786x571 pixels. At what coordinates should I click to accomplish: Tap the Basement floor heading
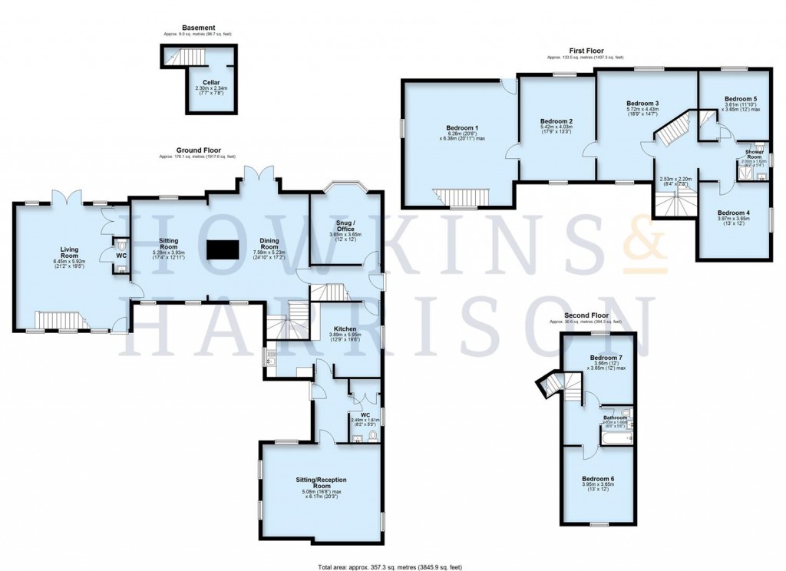coord(198,28)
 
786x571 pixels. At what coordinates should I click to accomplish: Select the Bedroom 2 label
coord(556,121)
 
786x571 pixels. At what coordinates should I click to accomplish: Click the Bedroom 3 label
coord(642,104)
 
